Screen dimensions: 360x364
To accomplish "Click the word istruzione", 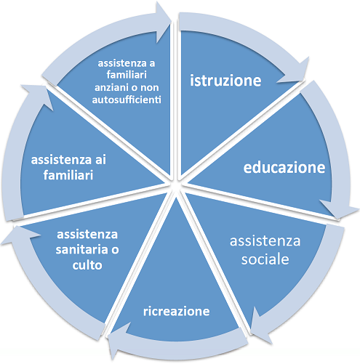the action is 225,80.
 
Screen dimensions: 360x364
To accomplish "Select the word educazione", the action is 284,167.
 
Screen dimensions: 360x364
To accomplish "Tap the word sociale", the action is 265,259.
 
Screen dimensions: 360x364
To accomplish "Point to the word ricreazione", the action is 176,311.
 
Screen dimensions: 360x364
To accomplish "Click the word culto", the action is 87,265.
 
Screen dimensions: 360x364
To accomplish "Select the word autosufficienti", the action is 127,100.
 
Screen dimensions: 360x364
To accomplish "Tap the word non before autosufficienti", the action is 150,88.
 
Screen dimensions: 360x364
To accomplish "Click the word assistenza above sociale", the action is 265,241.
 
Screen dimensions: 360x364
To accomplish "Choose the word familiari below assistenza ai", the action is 68,175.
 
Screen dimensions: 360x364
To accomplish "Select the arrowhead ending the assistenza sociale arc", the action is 260,325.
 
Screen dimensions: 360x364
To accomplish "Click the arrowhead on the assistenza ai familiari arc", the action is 40,96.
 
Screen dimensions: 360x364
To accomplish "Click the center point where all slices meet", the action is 176,185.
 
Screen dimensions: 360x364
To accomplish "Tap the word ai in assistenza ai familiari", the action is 100,160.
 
